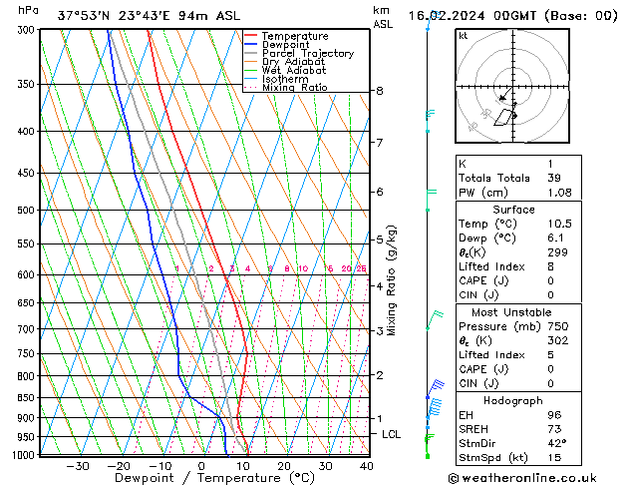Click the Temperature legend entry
pos(295,36)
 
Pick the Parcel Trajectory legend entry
pos(307,54)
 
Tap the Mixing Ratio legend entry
pos(294,88)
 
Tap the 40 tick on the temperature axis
pos(366,466)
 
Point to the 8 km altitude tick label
pos(379,91)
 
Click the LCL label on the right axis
pos(391,435)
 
